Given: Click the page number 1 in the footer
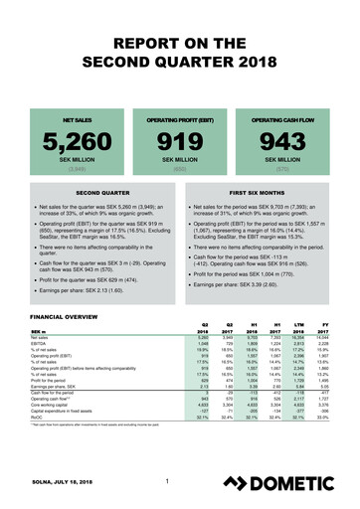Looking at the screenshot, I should click(x=169, y=483).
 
